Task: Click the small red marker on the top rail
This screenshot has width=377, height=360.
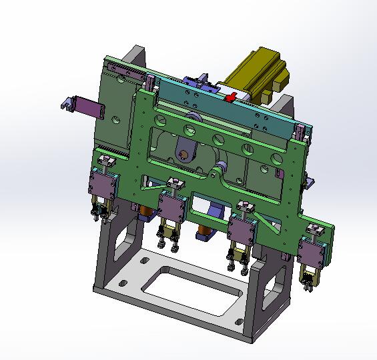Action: click(231, 99)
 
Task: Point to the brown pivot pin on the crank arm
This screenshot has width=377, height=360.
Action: click(181, 155)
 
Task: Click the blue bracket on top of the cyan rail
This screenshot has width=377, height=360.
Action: click(198, 84)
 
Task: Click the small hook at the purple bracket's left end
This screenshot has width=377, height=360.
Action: click(66, 103)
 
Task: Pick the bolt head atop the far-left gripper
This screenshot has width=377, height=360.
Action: click(105, 160)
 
